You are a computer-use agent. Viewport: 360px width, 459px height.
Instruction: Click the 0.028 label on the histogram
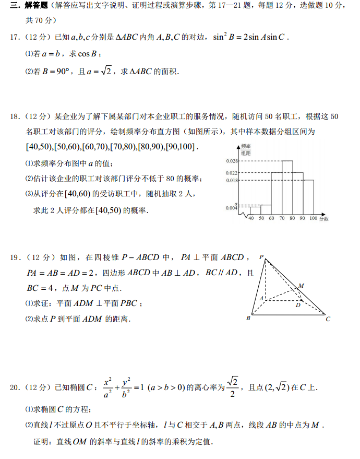232,161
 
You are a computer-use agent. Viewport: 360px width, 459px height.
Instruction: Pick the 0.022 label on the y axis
232,173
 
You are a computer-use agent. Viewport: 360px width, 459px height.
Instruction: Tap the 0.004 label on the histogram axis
232,208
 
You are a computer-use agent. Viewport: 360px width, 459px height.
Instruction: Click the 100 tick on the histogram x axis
314,218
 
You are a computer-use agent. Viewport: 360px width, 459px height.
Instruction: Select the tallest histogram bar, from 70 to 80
287,188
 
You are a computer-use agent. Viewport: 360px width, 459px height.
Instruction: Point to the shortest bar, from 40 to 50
255,211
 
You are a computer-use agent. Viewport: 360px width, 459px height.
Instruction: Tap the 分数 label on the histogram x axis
324,219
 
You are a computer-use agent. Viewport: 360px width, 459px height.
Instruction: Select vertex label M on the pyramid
301,286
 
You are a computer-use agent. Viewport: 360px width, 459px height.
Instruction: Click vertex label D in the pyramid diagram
297,305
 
